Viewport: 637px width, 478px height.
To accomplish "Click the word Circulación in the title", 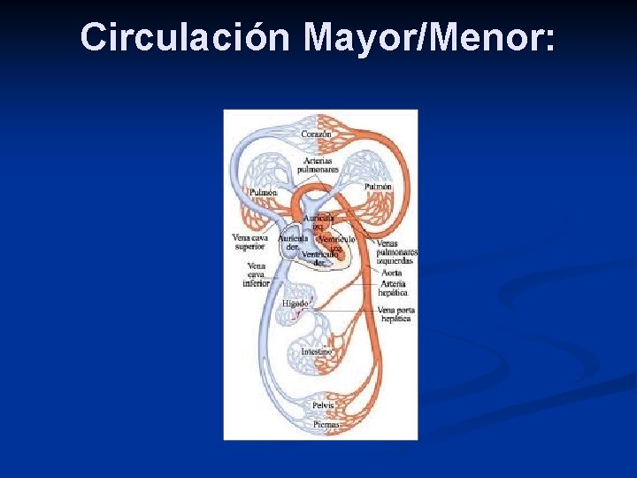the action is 184,38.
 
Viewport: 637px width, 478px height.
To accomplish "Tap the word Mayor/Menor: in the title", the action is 430,38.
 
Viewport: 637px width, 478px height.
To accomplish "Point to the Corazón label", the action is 316,134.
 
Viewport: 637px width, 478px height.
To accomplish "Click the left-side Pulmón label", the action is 263,192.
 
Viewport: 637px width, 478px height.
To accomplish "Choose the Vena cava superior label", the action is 249,242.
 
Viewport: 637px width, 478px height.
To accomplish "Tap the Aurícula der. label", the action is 293,243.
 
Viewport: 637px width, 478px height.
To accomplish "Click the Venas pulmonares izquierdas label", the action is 396,252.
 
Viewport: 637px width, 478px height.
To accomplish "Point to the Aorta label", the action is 391,274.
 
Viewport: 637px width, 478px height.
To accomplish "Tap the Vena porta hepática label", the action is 395,314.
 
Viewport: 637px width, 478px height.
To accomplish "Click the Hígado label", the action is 295,303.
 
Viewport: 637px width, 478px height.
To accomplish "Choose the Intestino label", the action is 317,351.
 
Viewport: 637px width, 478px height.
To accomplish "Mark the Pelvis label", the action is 323,405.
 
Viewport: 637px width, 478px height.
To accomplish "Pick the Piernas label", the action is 325,425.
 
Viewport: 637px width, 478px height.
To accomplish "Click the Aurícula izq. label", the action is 318,221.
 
